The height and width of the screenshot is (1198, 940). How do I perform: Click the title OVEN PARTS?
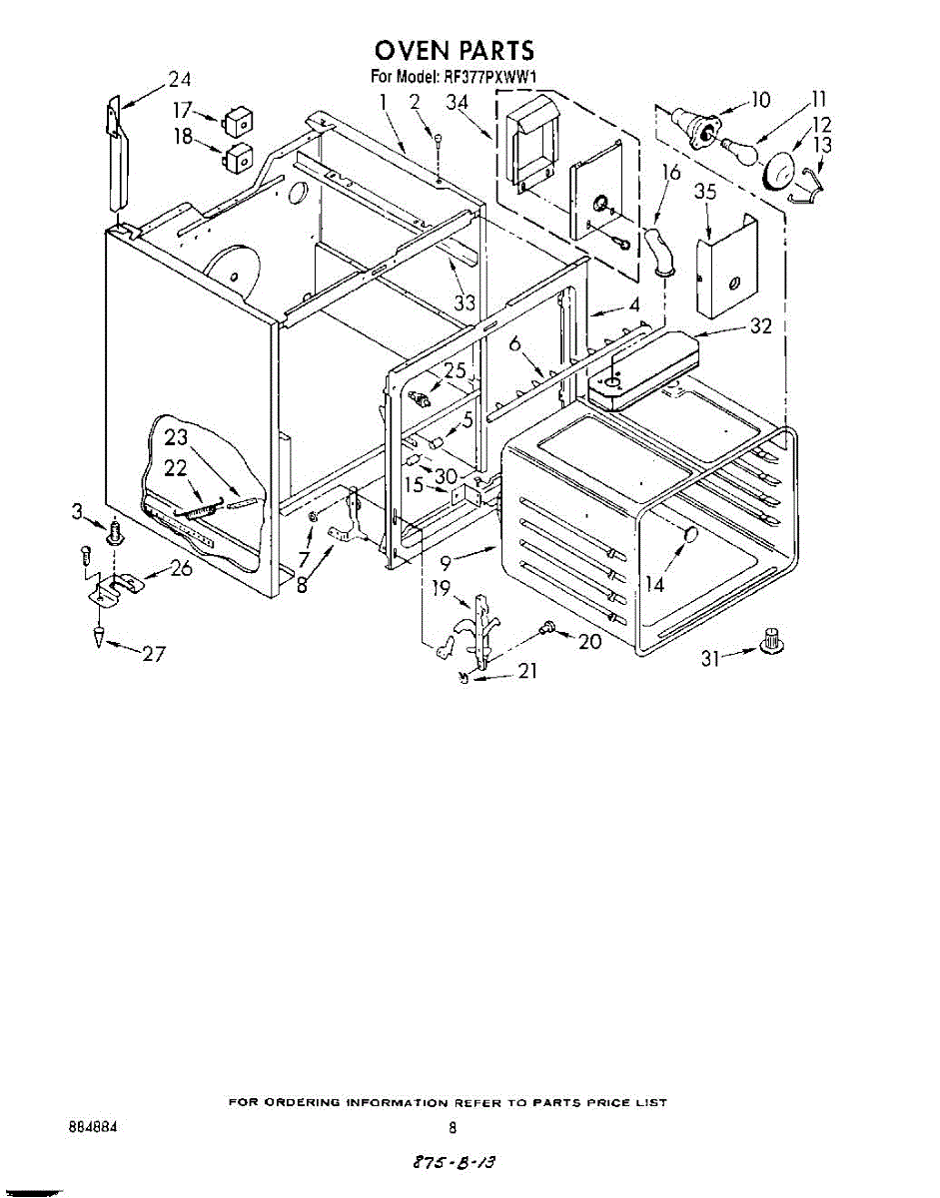pos(454,50)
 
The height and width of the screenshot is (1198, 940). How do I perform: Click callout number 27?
pos(152,654)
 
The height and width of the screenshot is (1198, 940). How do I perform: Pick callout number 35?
pos(705,193)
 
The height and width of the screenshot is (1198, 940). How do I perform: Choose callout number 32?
pos(760,326)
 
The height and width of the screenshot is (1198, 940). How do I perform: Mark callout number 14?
pos(655,584)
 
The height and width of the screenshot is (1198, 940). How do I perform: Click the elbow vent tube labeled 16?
pos(658,250)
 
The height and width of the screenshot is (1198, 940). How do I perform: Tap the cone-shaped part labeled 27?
pos(101,634)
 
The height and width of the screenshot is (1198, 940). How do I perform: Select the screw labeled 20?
pos(547,629)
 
